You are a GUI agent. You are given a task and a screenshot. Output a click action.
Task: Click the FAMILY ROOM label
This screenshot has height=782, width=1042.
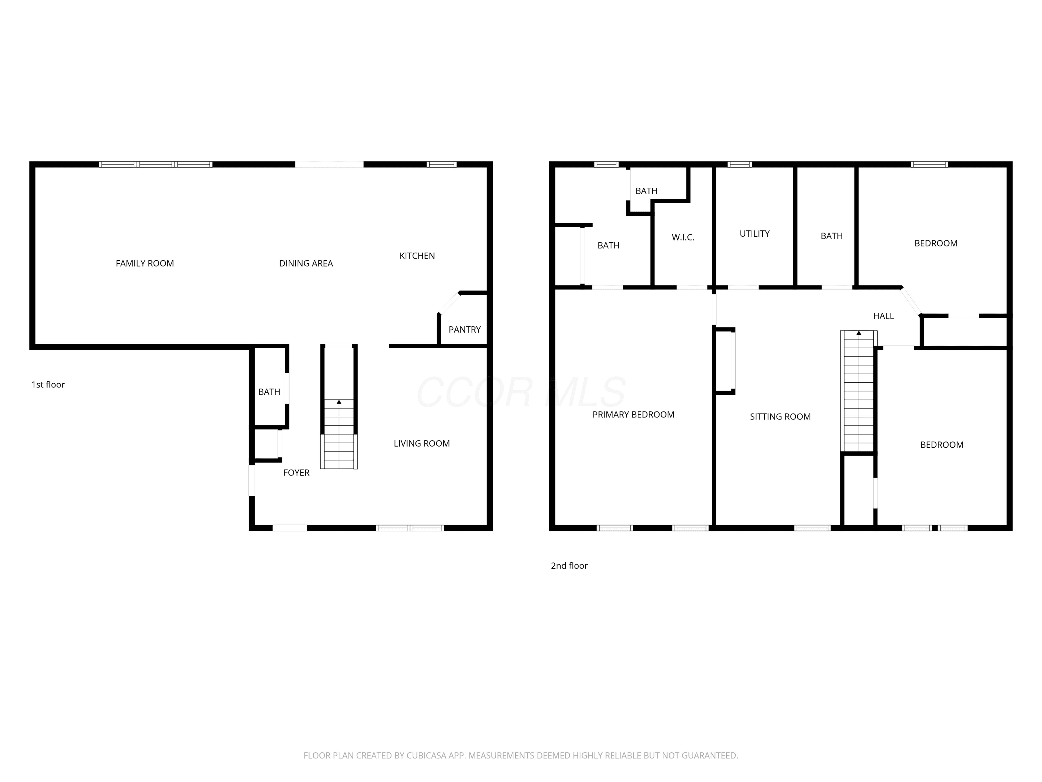pyautogui.click(x=144, y=263)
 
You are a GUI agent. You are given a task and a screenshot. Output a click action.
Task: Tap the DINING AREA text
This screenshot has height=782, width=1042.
pyautogui.click(x=306, y=263)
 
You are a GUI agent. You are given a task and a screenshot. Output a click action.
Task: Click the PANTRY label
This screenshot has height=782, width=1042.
pyautogui.click(x=464, y=329)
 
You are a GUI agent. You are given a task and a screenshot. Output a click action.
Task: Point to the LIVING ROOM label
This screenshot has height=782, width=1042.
pyautogui.click(x=422, y=443)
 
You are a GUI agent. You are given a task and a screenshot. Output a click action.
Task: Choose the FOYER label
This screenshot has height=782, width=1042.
pyautogui.click(x=296, y=473)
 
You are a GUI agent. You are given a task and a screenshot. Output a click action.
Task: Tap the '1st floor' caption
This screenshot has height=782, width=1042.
pyautogui.click(x=48, y=385)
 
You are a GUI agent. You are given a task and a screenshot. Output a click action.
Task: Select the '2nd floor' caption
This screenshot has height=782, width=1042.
pyautogui.click(x=569, y=565)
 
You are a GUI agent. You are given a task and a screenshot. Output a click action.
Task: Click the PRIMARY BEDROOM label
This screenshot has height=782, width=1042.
pyautogui.click(x=634, y=415)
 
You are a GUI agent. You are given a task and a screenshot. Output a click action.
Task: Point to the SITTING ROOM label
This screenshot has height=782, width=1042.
pyautogui.click(x=780, y=417)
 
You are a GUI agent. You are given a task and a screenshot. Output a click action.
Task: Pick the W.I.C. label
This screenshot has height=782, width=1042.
pyautogui.click(x=683, y=238)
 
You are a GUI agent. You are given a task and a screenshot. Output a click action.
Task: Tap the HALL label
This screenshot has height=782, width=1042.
pyautogui.click(x=884, y=316)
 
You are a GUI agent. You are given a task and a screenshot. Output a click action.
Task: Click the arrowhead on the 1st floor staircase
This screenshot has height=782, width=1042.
pyautogui.click(x=339, y=402)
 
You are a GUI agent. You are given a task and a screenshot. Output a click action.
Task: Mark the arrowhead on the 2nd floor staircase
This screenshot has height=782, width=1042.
pyautogui.click(x=859, y=333)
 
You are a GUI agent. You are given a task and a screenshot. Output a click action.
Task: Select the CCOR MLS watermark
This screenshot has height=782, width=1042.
pyautogui.click(x=521, y=392)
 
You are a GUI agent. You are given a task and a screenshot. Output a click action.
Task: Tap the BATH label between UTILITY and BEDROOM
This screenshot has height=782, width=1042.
pyautogui.click(x=832, y=236)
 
